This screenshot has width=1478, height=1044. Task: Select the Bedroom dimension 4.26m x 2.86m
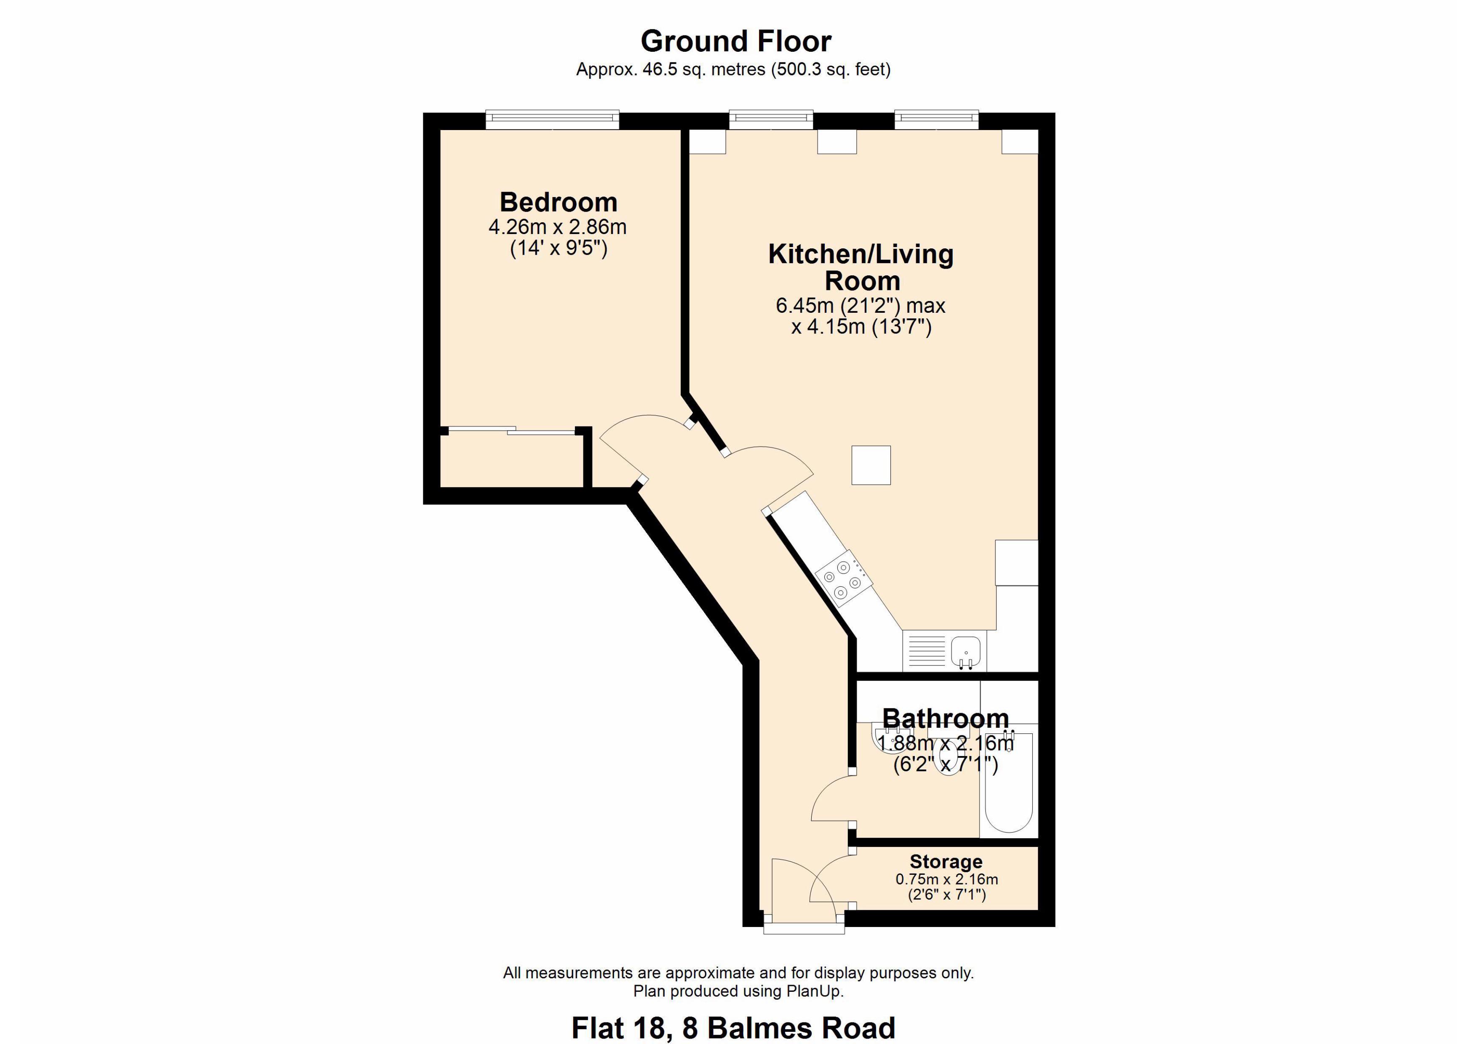pos(558,227)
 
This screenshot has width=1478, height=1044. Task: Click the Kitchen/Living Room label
pos(861,267)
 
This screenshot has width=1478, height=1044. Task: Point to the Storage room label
pos(946,861)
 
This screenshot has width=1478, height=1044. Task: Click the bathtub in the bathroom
pos(1009,782)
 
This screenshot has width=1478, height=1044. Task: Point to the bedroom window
pos(552,120)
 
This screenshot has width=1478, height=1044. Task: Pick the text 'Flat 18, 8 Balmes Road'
pos(733,1027)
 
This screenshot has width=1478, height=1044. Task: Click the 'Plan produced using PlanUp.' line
pos(738,991)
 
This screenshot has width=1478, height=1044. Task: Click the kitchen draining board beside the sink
pos(927,651)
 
